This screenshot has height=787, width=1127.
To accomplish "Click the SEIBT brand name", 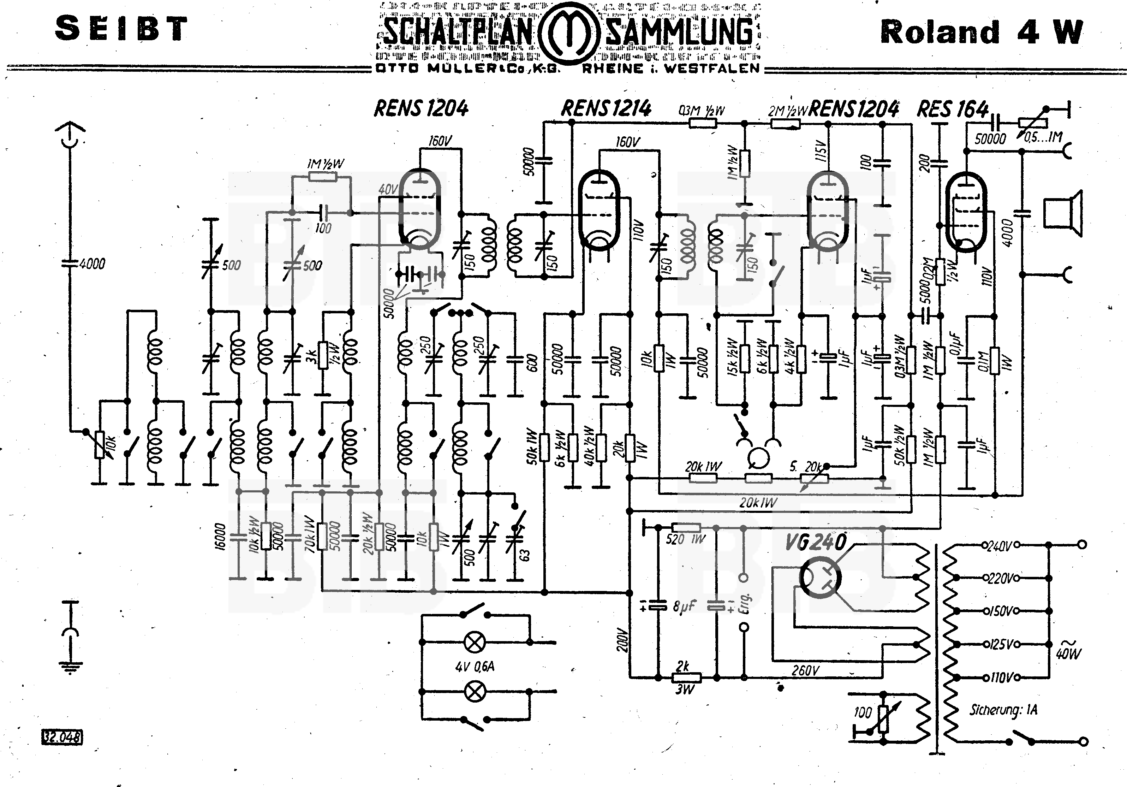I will pos(121,29).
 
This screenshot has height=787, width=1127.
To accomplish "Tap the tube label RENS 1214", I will pos(606,108).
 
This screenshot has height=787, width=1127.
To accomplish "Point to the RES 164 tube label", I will pos(952,109).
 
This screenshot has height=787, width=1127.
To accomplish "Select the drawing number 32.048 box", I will pos(62,737).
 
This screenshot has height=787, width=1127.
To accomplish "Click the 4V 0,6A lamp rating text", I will pos(475,666).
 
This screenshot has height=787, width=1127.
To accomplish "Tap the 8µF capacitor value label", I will pos(684,607).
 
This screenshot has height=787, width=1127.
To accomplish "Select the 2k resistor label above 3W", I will pos(683,666).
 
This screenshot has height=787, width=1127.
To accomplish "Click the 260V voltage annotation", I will pos(805,670).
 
